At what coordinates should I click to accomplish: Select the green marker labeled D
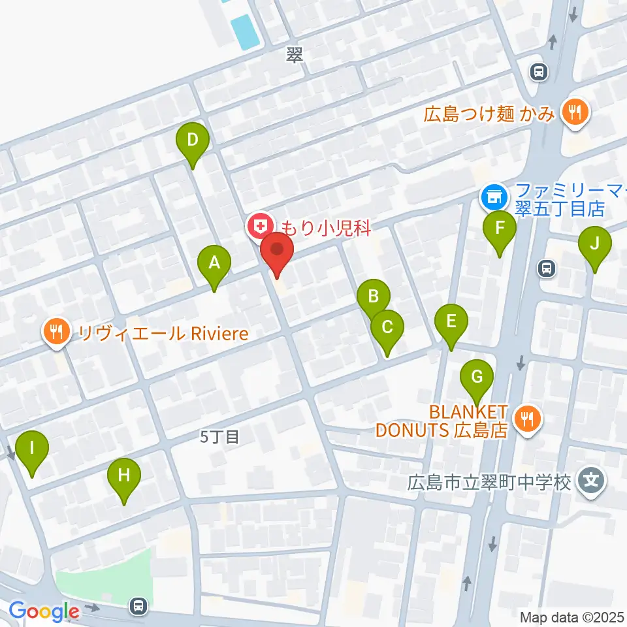click(x=193, y=140)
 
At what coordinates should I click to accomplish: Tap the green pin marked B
click(x=374, y=297)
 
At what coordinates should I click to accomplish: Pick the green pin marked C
click(x=387, y=326)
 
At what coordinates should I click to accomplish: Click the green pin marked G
click(x=477, y=378)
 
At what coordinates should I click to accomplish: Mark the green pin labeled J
click(x=594, y=244)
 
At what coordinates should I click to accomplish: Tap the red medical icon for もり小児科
click(x=259, y=227)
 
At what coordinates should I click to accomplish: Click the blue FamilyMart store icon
click(x=492, y=195)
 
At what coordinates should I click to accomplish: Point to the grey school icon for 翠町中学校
click(x=592, y=482)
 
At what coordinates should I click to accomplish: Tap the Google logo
click(x=44, y=611)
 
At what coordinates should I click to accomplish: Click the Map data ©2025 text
click(x=572, y=617)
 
